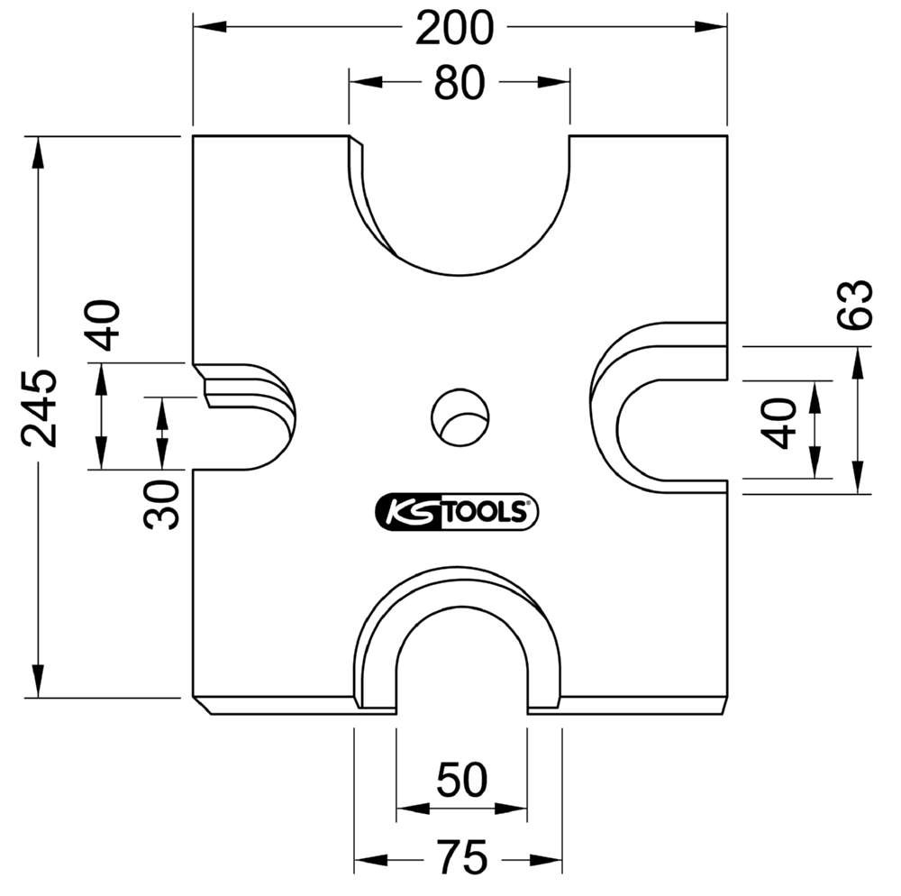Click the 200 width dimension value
pyautogui.click(x=454, y=28)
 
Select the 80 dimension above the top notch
pyautogui.click(x=460, y=83)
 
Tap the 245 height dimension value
pyautogui.click(x=39, y=408)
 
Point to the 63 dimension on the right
pyautogui.click(x=854, y=305)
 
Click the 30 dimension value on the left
pyautogui.click(x=161, y=505)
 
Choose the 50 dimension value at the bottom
pyautogui.click(x=462, y=780)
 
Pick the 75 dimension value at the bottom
pyautogui.click(x=462, y=857)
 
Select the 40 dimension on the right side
pyautogui.click(x=778, y=425)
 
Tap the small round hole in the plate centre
pyautogui.click(x=460, y=417)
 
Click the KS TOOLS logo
pyautogui.click(x=457, y=511)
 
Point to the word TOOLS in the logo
pyautogui.click(x=486, y=511)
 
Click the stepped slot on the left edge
pyautogui.click(x=244, y=416)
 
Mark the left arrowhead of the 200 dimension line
pyautogui.click(x=209, y=26)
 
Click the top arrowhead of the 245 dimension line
pyautogui.click(x=39, y=153)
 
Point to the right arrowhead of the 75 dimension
pyautogui.click(x=545, y=860)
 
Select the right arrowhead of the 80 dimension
pyautogui.click(x=553, y=82)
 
